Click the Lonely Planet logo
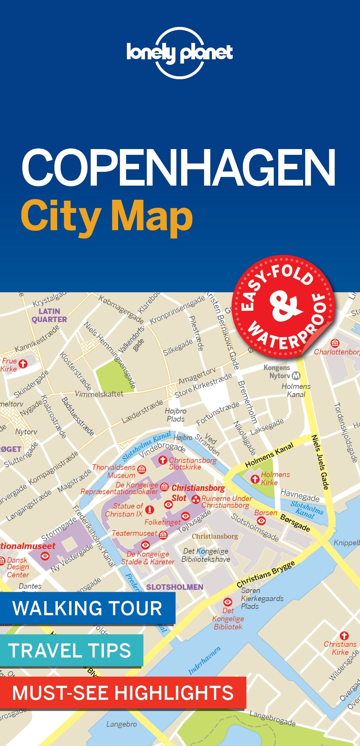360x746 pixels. click(180, 53)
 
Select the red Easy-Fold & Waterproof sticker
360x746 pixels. click(283, 306)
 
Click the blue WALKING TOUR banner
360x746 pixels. click(87, 608)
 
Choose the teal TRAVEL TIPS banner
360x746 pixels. click(70, 650)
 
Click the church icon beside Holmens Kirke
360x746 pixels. click(255, 479)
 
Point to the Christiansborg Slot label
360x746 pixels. click(198, 493)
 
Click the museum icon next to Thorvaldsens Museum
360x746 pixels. click(141, 470)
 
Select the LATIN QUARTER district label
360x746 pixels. click(49, 315)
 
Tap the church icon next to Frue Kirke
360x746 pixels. click(23, 364)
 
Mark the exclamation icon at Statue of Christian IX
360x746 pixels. click(149, 510)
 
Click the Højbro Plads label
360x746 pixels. click(176, 415)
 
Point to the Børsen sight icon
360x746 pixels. click(262, 521)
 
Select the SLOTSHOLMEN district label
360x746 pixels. click(175, 587)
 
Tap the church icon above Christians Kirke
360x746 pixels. click(344, 635)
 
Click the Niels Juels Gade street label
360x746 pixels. click(320, 462)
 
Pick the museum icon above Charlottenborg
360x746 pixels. click(335, 343)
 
